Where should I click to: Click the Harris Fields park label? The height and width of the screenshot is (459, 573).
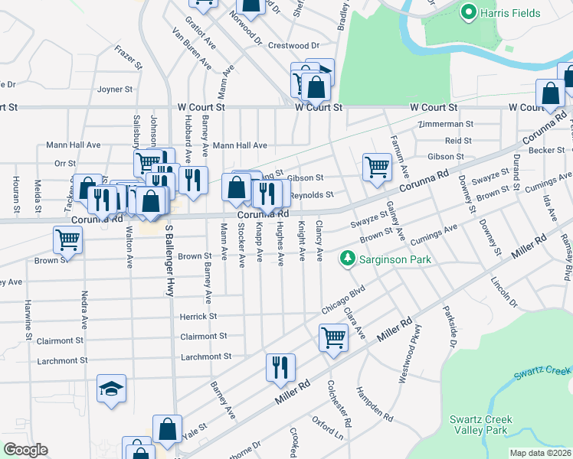pyautogui.click(x=510, y=13)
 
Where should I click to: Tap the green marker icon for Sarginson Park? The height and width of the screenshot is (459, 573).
pyautogui.click(x=348, y=259)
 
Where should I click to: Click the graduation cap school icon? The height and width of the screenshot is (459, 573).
pyautogui.click(x=111, y=389)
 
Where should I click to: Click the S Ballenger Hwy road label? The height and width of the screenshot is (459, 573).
pyautogui.click(x=169, y=260)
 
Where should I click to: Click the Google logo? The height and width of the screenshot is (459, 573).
pyautogui.click(x=25, y=450)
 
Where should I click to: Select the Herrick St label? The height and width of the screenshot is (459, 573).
pyautogui.click(x=198, y=316)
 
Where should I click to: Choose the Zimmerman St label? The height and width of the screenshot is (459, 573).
pyautogui.click(x=446, y=124)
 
